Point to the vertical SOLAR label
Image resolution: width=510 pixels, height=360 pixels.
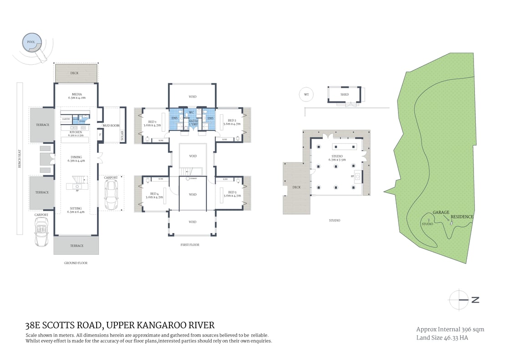point(122,136)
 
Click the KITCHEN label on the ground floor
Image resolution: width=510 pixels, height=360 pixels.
point(76,132)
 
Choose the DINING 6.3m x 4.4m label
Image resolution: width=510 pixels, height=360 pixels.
point(76,159)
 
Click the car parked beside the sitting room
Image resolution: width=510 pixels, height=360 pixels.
point(111,194)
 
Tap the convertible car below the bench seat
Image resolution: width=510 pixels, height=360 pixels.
point(41,231)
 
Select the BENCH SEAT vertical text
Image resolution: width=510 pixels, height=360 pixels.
point(20,159)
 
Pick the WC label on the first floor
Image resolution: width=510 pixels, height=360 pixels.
point(192,112)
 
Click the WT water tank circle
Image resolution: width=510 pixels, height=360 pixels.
point(306,95)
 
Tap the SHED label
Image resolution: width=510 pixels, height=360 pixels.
point(345,95)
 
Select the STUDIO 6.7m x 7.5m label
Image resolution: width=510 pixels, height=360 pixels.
point(338,158)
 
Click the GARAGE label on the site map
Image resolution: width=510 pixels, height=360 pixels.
point(440,213)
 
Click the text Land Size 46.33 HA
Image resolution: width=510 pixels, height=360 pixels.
point(442,338)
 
